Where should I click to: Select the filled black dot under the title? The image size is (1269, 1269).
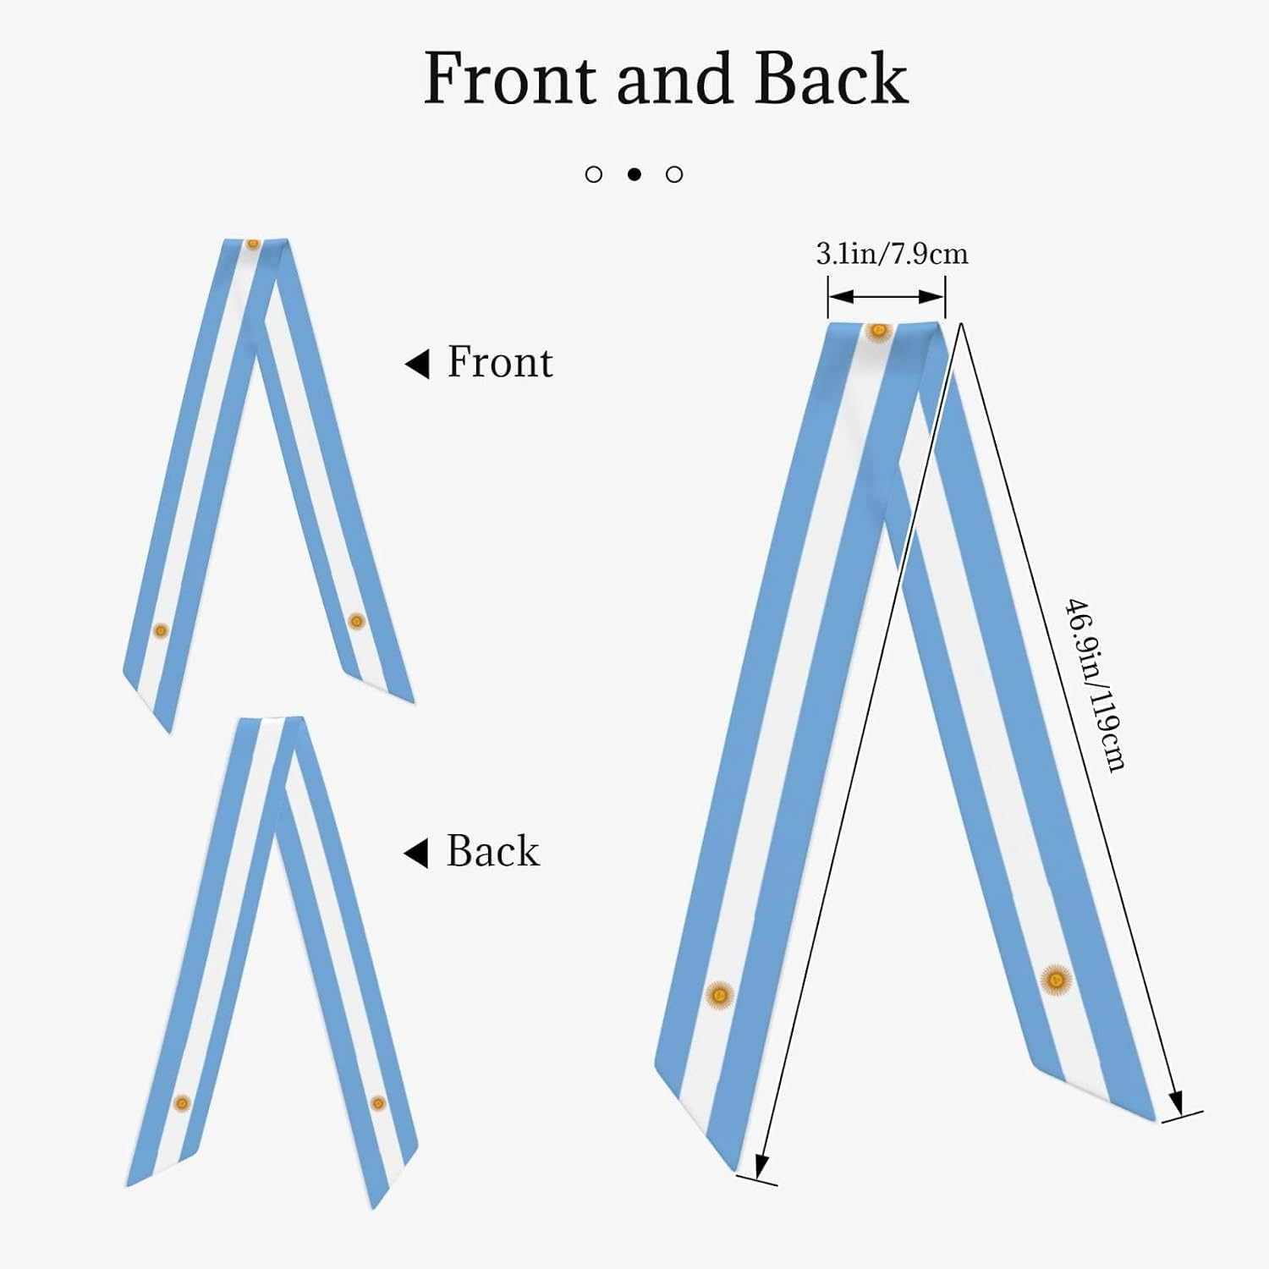pos(634,174)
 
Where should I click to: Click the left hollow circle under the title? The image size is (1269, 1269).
pos(594,174)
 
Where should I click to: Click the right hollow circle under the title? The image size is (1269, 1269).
pos(674,174)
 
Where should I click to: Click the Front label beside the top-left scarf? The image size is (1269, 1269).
pos(500,362)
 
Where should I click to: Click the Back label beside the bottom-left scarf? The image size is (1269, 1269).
pos(492,851)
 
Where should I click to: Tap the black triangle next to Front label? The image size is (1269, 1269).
pos(417,364)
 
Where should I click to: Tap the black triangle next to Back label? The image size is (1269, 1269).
pos(416,854)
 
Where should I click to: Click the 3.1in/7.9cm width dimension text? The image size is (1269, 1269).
pos(892,254)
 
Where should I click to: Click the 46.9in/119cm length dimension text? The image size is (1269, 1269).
pos(1096,685)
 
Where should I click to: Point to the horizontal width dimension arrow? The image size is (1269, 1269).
pos(886,296)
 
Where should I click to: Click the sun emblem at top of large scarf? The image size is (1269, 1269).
pos(879,331)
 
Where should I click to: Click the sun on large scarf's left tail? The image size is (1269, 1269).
pos(719,996)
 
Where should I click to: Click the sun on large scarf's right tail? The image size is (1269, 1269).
pos(1056,980)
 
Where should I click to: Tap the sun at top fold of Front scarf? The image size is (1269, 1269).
pos(253,244)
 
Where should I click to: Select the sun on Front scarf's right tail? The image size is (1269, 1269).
pos(356,621)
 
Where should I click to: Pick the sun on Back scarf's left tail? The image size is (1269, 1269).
pos(181,1103)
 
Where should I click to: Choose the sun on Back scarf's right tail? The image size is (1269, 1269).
pos(378,1103)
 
